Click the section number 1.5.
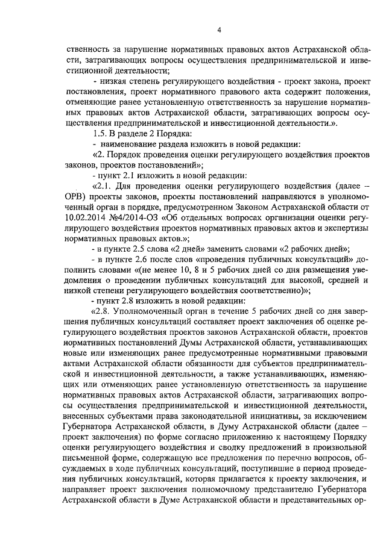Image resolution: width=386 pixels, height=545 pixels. click(x=99, y=133)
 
